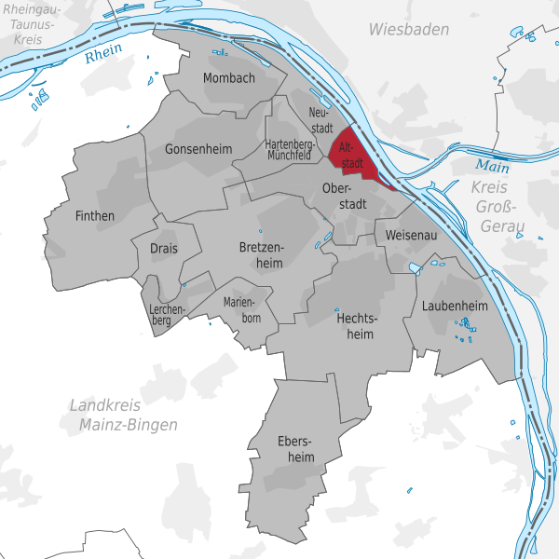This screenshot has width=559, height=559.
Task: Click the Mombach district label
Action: (x=228, y=78)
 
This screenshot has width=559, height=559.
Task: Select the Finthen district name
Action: (x=94, y=216)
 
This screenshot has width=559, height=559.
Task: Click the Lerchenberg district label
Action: (x=168, y=315)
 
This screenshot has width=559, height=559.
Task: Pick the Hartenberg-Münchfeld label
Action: (x=288, y=151)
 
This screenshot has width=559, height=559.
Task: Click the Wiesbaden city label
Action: (x=408, y=30)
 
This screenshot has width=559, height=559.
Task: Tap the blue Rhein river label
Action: (x=103, y=56)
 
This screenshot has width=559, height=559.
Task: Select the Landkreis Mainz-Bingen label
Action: (x=122, y=416)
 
